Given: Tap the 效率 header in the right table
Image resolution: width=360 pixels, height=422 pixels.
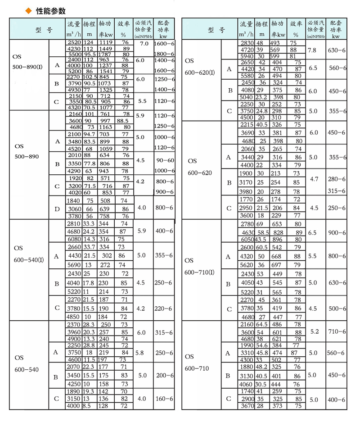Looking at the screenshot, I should pyautogui.click(x=296, y=28).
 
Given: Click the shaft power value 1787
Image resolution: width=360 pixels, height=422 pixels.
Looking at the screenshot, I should pyautogui.click(x=105, y=54).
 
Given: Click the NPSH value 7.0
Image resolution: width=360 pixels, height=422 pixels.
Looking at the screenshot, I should pyautogui.click(x=144, y=43).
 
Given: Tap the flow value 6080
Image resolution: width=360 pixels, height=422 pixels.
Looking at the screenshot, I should pyautogui.click(x=74, y=239).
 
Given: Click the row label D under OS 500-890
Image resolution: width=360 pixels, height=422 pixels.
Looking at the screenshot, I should pyautogui.click(x=57, y=209).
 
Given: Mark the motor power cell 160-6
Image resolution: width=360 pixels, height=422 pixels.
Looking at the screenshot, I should pyautogui.click(x=164, y=398).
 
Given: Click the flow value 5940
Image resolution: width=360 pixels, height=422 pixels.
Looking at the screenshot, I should pyautogui.click(x=246, y=56).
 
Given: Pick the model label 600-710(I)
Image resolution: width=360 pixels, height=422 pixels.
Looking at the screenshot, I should pyautogui.click(x=199, y=272).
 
